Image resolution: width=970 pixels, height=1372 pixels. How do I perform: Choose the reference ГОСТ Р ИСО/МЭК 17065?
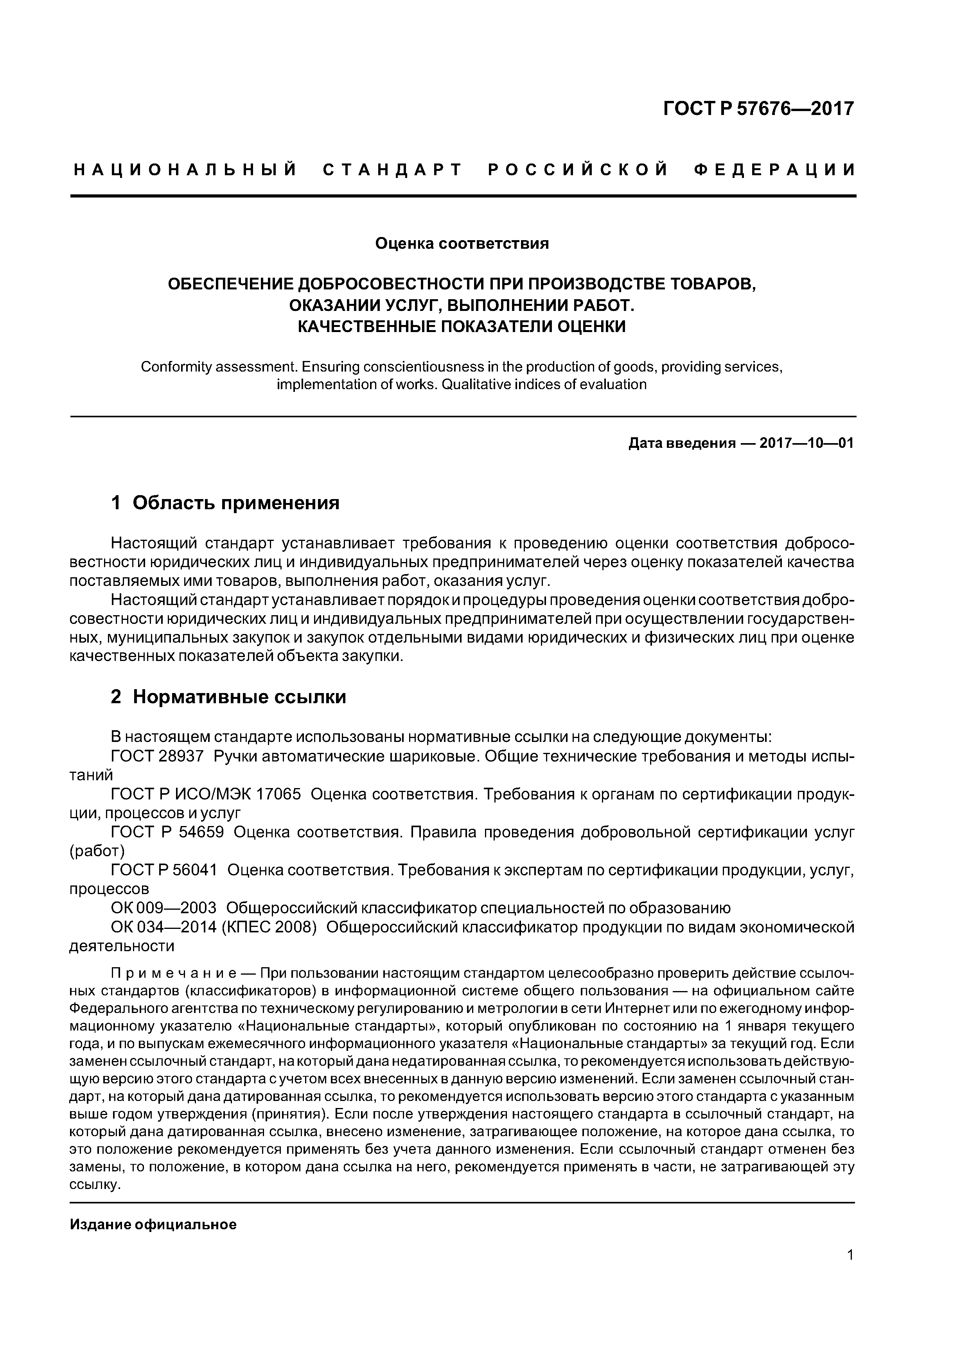tap(206, 794)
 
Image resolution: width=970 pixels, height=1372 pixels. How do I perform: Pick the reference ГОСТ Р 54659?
tap(168, 832)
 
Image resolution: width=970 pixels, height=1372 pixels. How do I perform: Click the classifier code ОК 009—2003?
tap(164, 908)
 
